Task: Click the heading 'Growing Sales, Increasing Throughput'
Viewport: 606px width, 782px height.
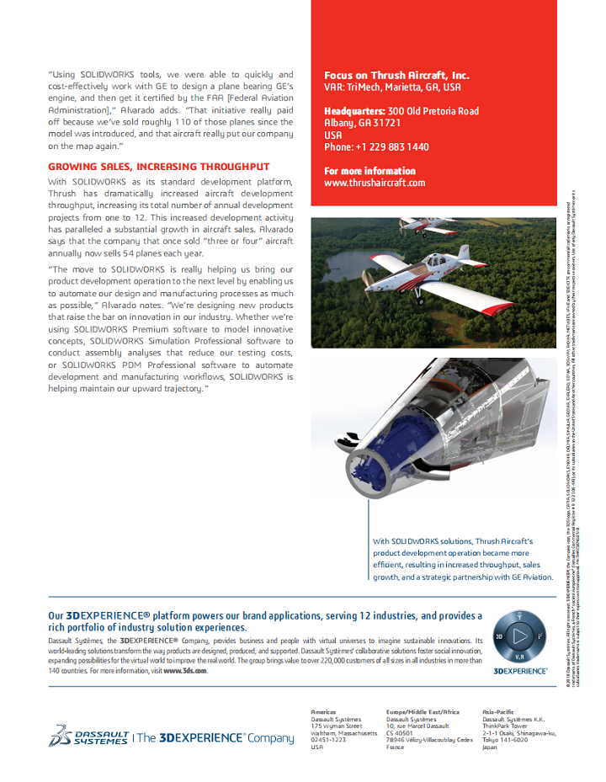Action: [x=158, y=167]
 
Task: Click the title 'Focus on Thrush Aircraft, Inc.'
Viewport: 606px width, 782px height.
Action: [x=396, y=75]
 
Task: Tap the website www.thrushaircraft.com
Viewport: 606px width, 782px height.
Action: [x=374, y=183]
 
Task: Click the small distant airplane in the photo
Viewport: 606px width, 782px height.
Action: [x=425, y=226]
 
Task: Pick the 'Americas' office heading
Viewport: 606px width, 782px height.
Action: [x=323, y=712]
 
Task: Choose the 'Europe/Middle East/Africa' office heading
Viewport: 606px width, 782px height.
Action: [x=423, y=712]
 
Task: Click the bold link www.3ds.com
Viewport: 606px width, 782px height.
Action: [x=185, y=671]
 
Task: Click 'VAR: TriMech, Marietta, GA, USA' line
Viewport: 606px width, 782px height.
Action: [x=392, y=87]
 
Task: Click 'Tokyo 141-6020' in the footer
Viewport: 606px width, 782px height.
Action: [x=505, y=740]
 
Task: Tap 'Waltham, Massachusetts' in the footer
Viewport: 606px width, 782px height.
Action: [x=342, y=732]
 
